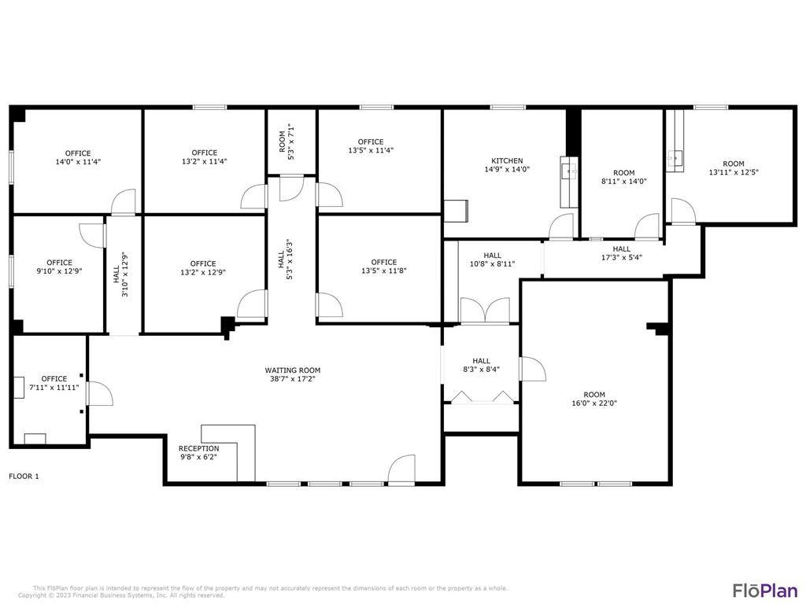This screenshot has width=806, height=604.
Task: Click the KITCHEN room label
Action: (507, 160)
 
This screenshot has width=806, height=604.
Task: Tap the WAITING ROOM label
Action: (293, 370)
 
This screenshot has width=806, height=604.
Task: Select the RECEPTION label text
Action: (198, 448)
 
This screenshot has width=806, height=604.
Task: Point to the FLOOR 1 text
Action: (24, 476)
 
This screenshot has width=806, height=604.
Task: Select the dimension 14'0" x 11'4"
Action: (78, 162)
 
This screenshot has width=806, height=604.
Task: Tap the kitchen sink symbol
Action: (568, 169)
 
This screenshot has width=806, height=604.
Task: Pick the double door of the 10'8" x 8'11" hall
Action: (484, 311)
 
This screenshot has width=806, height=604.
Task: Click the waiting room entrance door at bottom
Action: (402, 469)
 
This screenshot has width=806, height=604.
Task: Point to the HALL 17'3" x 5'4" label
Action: (621, 252)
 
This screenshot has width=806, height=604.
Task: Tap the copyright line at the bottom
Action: (121, 595)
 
